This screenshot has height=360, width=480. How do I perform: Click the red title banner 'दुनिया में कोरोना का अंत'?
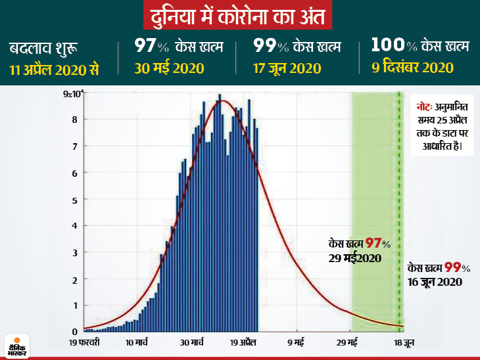239,15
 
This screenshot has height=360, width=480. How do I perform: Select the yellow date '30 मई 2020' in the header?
169,68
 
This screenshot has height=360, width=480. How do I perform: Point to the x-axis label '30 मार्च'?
193,342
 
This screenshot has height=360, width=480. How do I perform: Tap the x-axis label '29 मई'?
348,342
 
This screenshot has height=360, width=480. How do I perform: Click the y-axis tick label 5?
75,200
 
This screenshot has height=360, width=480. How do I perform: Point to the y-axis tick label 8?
75,120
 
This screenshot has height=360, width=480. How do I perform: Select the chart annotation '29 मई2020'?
356,258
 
